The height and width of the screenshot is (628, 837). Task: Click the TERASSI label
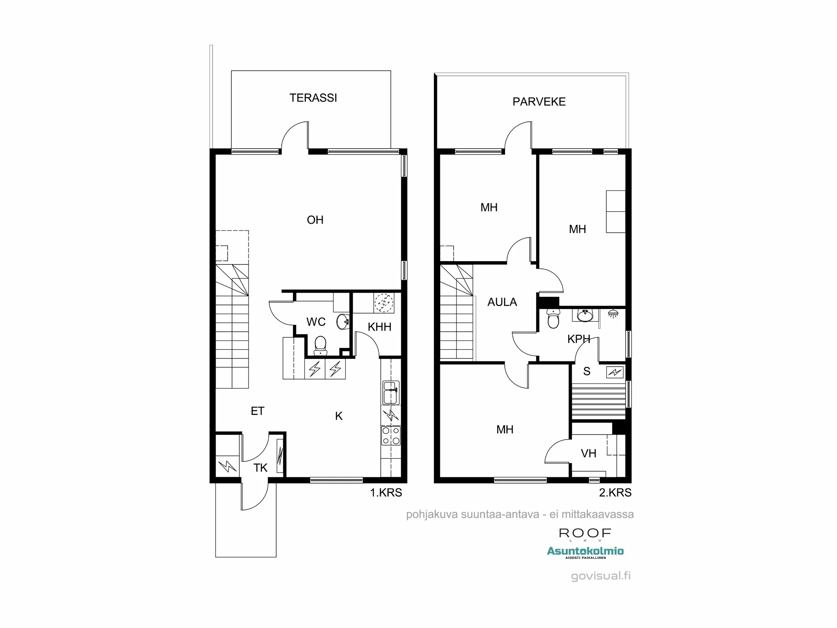(x=313, y=98)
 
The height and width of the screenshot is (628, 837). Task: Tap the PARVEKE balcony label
(x=539, y=102)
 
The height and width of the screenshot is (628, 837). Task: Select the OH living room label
(x=315, y=220)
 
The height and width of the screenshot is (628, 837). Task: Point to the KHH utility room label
(x=379, y=327)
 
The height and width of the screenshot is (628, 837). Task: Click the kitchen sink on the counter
(x=390, y=393)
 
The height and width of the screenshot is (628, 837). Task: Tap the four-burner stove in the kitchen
(x=390, y=435)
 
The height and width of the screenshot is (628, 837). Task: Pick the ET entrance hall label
(x=257, y=411)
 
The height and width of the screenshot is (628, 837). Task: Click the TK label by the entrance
(x=260, y=468)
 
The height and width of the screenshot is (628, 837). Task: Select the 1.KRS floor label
(x=385, y=493)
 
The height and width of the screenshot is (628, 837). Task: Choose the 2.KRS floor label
(x=615, y=493)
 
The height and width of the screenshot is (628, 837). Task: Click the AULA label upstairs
(x=502, y=302)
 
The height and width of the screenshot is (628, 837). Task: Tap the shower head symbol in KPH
(x=613, y=313)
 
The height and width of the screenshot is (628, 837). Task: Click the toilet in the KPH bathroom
(x=553, y=319)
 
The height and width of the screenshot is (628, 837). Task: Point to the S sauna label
(x=587, y=371)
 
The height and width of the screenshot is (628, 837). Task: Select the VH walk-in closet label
(x=588, y=453)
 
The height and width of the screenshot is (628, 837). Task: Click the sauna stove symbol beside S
(x=615, y=372)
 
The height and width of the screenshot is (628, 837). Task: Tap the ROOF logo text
(x=585, y=533)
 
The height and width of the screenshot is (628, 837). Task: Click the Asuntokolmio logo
(x=585, y=552)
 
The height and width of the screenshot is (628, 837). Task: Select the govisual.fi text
(x=601, y=576)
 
